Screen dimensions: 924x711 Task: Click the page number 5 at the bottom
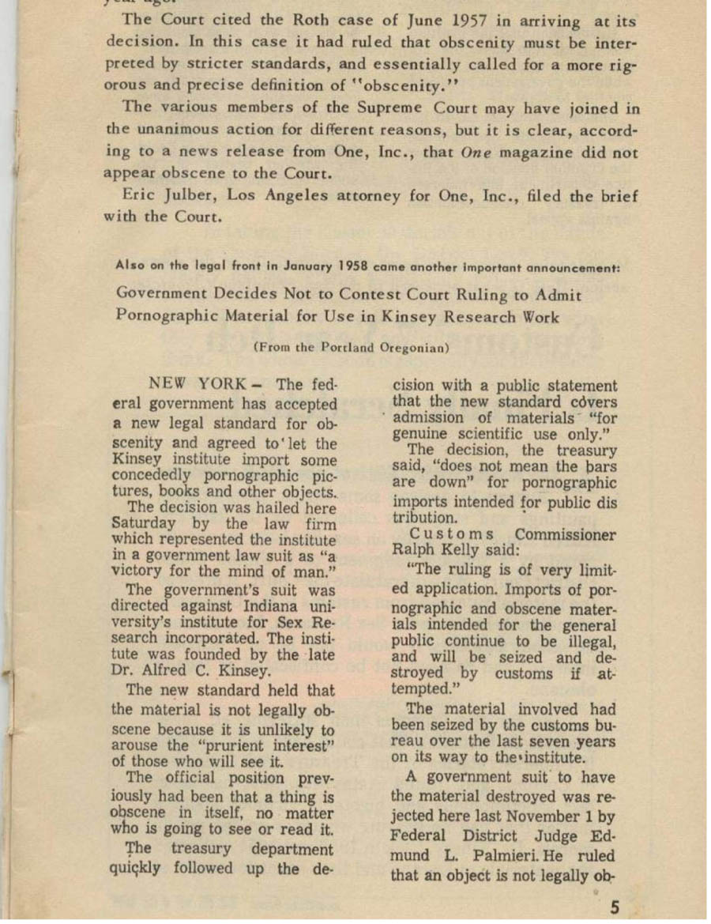[614, 906]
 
